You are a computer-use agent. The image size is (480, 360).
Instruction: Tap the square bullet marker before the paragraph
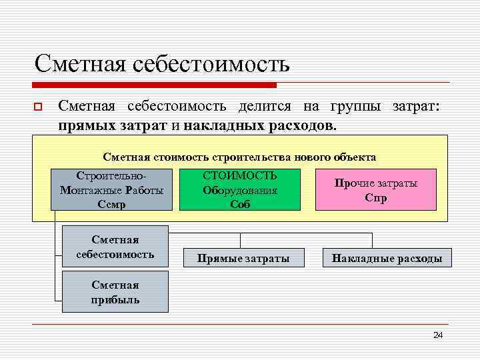38,107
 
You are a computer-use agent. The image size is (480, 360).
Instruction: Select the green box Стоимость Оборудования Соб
240,189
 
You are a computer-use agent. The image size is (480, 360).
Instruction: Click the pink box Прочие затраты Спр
376,189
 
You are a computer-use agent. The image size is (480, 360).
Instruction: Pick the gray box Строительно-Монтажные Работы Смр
111,189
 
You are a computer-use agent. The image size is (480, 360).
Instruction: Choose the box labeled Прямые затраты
243,258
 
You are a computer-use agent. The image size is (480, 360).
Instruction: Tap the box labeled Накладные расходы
387,258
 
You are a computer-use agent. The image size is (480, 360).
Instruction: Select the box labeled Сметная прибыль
115,291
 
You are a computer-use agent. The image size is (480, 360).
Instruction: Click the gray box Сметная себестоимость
115,247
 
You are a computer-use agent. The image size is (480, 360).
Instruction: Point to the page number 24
438,335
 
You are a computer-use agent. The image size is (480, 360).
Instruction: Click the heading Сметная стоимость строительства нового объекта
239,157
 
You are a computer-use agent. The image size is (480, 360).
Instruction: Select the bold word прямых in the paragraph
83,125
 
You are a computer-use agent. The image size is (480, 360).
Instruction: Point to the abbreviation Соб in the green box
240,205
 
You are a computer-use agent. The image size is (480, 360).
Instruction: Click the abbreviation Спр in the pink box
375,198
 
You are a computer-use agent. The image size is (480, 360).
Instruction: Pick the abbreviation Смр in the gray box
111,205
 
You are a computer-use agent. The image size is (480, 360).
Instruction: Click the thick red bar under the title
155,85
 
